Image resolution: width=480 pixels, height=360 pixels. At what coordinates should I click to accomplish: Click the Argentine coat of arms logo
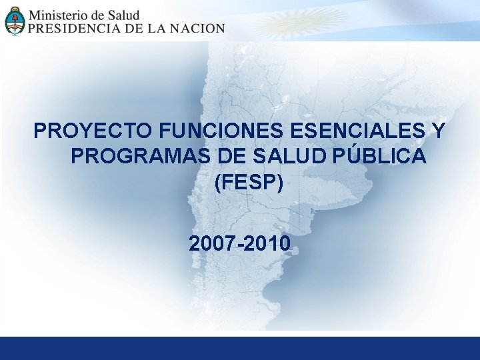pyautogui.click(x=14, y=20)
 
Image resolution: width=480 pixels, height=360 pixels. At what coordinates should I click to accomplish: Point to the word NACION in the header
pyautogui.click(x=197, y=29)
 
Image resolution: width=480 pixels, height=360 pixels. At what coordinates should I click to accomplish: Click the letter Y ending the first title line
pyautogui.click(x=439, y=130)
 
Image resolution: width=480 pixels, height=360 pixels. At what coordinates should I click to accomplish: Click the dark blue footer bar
pyautogui.click(x=240, y=348)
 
